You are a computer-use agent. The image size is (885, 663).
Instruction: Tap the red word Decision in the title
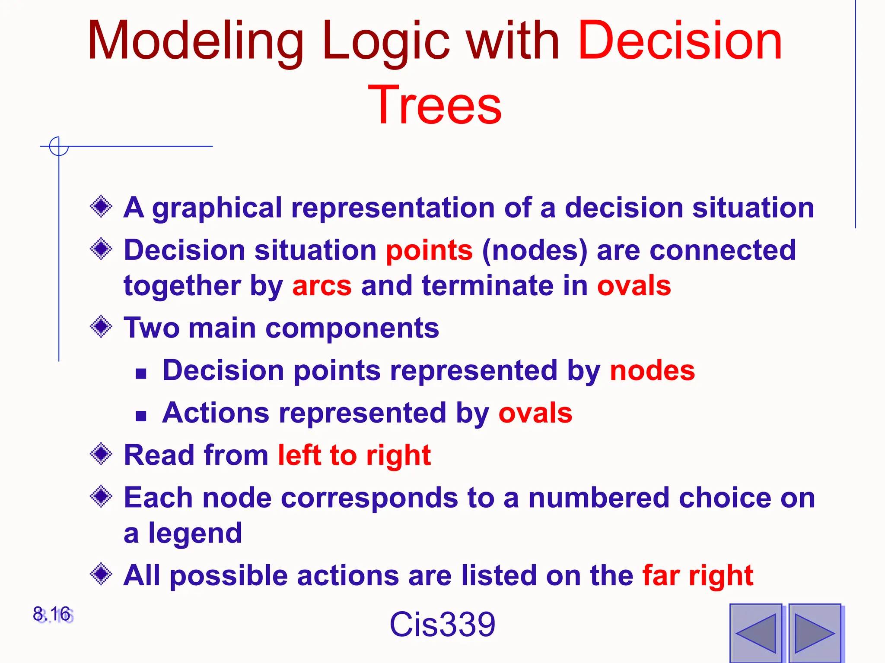(x=680, y=41)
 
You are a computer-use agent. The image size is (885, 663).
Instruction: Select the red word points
(x=429, y=251)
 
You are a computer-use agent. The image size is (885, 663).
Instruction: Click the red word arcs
(x=322, y=286)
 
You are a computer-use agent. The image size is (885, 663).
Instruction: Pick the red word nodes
(x=652, y=371)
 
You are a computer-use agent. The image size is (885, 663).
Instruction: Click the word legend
(x=195, y=534)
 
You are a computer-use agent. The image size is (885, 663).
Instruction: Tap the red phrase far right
(x=697, y=575)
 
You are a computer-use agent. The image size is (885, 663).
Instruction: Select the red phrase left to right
(x=354, y=455)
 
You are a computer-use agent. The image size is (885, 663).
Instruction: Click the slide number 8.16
(x=52, y=614)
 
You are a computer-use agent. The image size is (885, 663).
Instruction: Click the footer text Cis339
(x=442, y=625)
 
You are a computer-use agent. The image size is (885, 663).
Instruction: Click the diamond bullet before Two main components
(x=101, y=327)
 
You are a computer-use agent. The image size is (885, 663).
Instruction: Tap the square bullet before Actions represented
(x=141, y=416)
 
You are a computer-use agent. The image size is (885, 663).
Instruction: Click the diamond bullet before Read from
(x=101, y=454)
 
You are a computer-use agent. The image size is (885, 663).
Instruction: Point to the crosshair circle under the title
(x=59, y=146)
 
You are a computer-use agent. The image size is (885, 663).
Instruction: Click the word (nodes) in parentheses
(x=535, y=251)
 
